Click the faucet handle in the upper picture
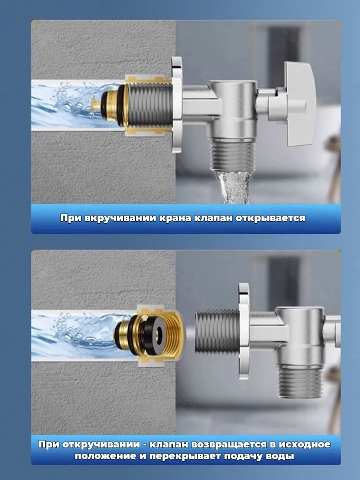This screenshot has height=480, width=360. point(300,104)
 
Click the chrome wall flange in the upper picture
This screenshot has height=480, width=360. point(177,105)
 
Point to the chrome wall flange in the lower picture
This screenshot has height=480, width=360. point(244,331)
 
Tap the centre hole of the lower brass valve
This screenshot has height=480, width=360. point(159,331)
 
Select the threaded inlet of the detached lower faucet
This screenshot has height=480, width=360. point(217,331)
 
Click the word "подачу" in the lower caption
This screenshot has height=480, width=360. point(244,456)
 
